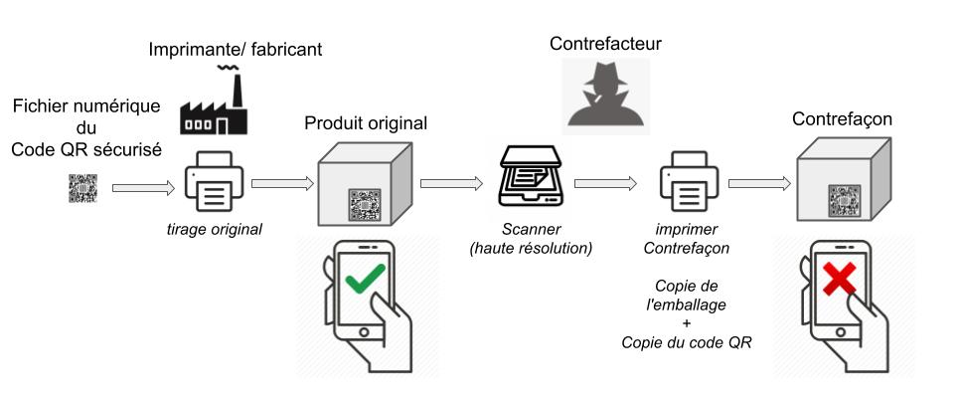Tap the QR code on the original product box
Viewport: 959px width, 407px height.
tap(365, 205)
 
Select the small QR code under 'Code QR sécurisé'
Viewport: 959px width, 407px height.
tap(83, 188)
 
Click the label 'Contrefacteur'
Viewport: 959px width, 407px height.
tap(605, 44)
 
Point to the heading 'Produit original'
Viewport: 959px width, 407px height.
tap(366, 123)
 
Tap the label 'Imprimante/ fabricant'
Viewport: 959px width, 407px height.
tap(235, 49)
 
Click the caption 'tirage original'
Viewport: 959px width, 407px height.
tap(215, 229)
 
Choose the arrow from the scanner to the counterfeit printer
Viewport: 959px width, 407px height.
tap(605, 183)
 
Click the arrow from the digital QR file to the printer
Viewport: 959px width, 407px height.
tap(144, 186)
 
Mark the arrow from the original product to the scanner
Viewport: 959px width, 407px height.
tap(452, 183)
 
